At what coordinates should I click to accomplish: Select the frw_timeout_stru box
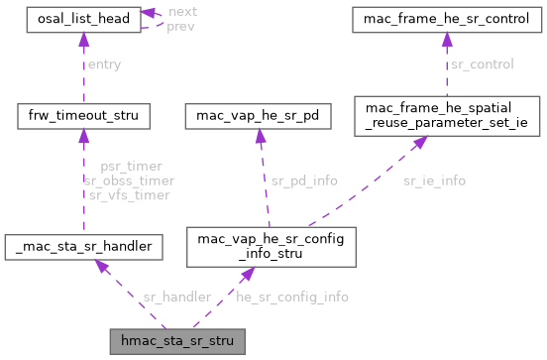click(83, 117)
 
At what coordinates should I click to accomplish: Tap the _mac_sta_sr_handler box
click(83, 244)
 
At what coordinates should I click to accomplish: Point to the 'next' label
click(182, 10)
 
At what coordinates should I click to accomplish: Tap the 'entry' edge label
click(105, 64)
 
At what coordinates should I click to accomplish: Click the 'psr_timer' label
click(131, 167)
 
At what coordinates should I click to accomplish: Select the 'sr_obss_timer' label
click(131, 180)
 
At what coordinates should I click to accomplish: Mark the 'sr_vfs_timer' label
click(131, 195)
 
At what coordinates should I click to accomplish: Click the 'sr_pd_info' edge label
click(304, 180)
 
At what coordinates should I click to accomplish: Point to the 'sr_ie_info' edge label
click(434, 180)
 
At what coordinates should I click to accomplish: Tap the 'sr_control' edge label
click(483, 64)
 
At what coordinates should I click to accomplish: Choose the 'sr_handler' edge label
click(176, 297)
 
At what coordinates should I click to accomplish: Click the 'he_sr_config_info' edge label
click(291, 297)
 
